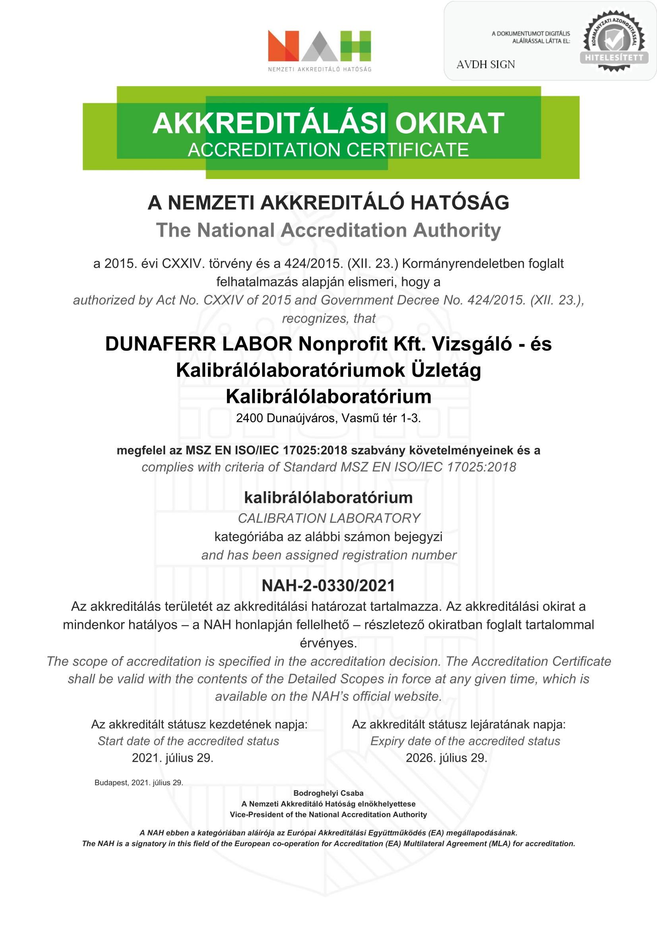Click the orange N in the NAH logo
coord(283,46)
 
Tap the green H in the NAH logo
coord(355,46)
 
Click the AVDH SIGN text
coord(485,65)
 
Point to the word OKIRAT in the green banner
coord(450,123)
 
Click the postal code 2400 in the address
coord(249,418)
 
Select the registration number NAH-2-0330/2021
coord(328,586)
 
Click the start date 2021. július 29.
coord(172,758)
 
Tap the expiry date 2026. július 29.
coord(446,758)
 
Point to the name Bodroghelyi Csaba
coord(328,793)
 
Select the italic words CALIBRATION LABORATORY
coord(329,518)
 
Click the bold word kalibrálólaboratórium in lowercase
coord(328,498)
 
